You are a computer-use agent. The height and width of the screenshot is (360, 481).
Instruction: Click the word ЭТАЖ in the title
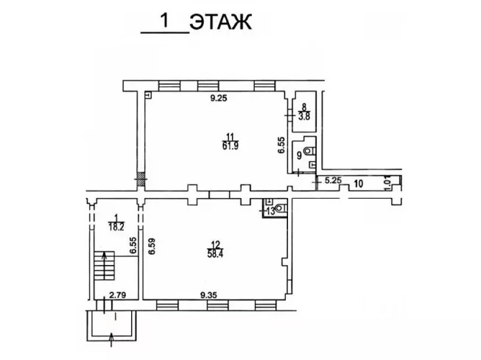220,22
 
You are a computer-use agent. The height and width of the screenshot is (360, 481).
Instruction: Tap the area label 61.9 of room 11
230,146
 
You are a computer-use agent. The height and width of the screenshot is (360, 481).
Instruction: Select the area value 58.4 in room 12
215,254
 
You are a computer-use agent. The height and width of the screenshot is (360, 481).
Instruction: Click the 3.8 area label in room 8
304,116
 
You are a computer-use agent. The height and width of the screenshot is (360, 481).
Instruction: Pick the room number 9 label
299,155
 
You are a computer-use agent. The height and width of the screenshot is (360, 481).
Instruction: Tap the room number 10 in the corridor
358,183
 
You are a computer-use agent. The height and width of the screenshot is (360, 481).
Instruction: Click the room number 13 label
271,211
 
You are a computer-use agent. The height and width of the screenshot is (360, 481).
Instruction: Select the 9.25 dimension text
219,99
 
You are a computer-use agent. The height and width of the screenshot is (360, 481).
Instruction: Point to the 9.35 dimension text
208,295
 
